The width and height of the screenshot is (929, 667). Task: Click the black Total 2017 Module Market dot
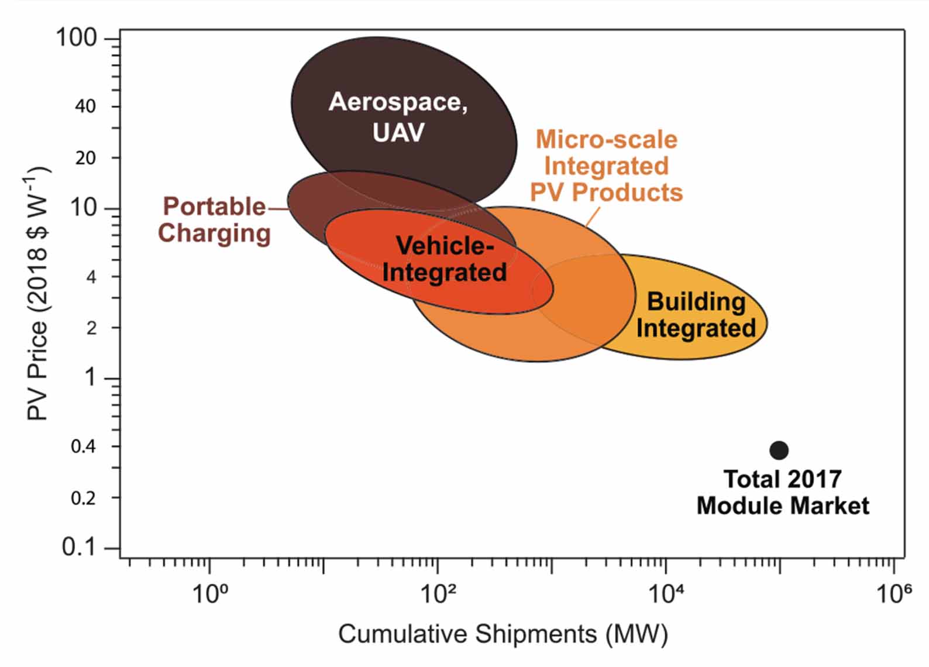click(779, 450)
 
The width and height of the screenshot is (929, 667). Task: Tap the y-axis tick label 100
click(76, 38)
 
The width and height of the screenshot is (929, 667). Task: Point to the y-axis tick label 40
click(85, 106)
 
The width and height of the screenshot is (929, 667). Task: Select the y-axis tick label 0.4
click(83, 447)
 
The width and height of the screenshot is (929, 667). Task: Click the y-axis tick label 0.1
click(78, 548)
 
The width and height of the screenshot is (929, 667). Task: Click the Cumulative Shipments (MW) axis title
click(503, 634)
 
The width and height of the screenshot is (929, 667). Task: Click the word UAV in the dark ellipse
click(398, 133)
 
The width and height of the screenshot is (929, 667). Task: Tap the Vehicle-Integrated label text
click(445, 259)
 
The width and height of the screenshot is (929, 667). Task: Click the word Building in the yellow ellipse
click(696, 302)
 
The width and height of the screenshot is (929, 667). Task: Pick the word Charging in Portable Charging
click(214, 233)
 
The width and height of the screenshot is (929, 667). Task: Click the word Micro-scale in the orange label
click(606, 140)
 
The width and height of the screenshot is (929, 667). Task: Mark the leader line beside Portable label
click(278, 208)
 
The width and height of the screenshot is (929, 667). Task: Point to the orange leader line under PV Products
click(593, 216)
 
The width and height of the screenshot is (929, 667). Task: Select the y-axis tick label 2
click(91, 328)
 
